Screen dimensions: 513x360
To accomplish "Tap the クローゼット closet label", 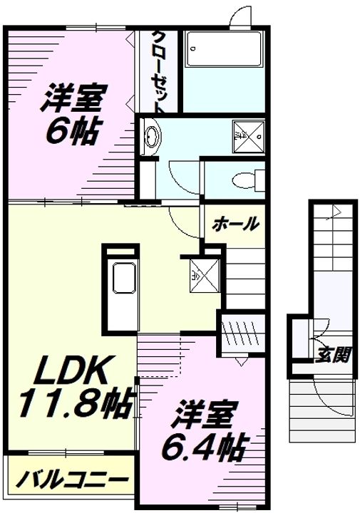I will point(158,71).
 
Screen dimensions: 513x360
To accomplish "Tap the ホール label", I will point(235,224).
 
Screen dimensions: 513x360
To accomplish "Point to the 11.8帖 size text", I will point(71,405).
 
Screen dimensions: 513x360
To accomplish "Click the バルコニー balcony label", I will point(71,478).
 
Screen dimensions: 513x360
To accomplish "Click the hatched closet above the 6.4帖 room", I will point(241,333).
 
